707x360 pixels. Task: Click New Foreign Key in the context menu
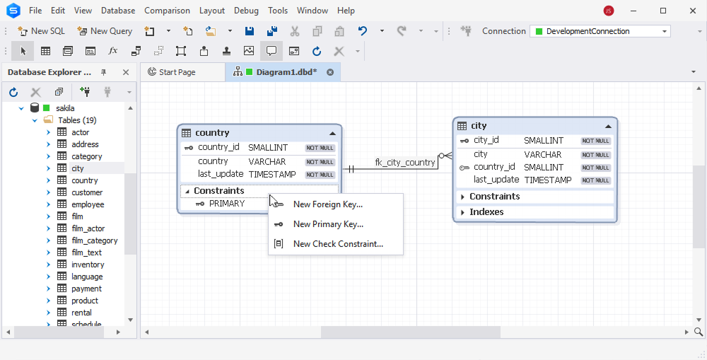tap(328, 204)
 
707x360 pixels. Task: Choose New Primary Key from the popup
tap(328, 224)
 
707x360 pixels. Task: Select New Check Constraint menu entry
tap(338, 244)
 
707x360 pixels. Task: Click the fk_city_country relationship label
tap(405, 163)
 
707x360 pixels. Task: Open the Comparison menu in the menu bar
tap(167, 11)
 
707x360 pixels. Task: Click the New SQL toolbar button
tap(42, 31)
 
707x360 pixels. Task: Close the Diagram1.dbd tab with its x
tap(330, 72)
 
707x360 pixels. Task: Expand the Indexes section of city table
tap(462, 212)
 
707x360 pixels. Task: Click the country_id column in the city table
tap(494, 167)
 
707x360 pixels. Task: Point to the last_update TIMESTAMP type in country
tap(272, 175)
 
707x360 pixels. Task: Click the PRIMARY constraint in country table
tap(227, 204)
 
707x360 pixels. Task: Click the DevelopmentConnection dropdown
tap(600, 31)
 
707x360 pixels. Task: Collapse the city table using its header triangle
tap(608, 127)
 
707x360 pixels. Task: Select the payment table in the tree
tap(86, 289)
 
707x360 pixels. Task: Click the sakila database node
tap(65, 108)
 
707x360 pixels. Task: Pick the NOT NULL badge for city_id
tap(595, 141)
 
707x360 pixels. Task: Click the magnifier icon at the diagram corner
tap(699, 332)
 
